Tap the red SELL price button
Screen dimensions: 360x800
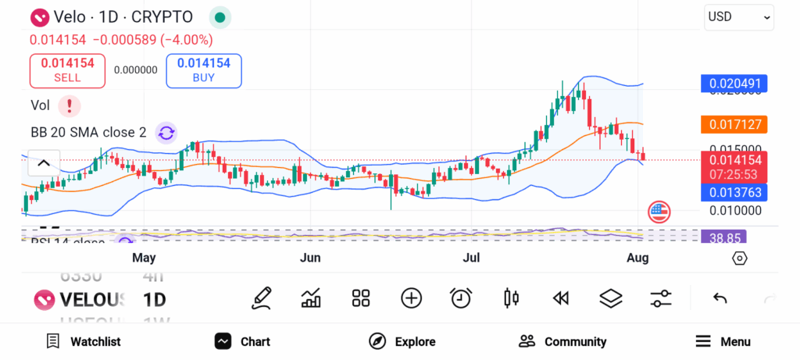[67, 70]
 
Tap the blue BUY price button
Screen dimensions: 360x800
[203, 70]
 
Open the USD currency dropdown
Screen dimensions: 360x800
[738, 16]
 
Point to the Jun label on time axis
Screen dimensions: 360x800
[311, 258]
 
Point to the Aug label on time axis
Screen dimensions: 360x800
[638, 258]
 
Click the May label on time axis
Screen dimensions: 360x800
[144, 258]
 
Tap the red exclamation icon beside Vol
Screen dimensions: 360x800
[70, 105]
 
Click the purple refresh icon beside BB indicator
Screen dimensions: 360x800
[166, 133]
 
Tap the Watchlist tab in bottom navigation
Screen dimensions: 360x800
[83, 341]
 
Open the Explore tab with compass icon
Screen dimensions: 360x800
[402, 341]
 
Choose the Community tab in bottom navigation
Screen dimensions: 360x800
[562, 341]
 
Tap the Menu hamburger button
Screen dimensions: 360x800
[723, 341]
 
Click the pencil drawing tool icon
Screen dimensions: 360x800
[262, 298]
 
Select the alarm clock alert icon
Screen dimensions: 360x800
[461, 298]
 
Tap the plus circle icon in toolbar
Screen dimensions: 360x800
[411, 298]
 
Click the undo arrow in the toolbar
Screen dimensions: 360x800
[720, 298]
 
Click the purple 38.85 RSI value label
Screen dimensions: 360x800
[722, 237]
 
